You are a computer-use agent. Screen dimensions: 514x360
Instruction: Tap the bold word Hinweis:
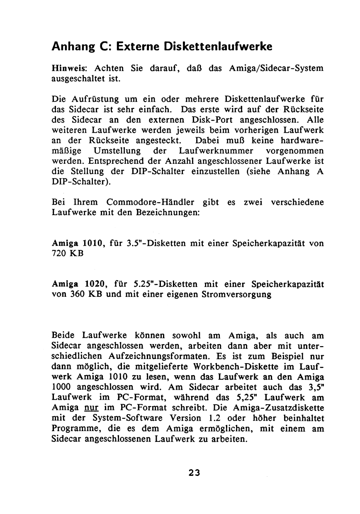pyautogui.click(x=69, y=68)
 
